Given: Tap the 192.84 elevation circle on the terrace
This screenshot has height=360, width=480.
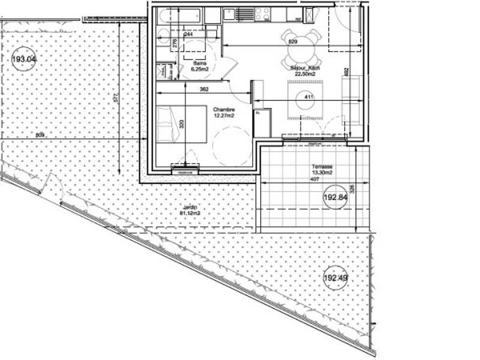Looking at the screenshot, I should (x=336, y=197).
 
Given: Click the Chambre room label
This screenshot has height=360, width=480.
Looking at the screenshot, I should (x=224, y=110).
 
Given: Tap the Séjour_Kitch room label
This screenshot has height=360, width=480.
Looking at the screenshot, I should (x=305, y=68).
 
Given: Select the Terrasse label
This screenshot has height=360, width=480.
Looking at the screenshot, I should (x=322, y=167).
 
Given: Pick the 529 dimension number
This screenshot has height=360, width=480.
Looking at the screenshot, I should (x=293, y=41).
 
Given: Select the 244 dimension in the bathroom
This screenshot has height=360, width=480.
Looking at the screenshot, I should (x=188, y=35).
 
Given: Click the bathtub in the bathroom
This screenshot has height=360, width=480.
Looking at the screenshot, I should (x=179, y=16).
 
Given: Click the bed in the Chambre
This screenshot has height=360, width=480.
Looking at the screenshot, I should (x=181, y=124).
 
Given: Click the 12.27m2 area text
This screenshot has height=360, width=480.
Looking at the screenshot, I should (x=224, y=116).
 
